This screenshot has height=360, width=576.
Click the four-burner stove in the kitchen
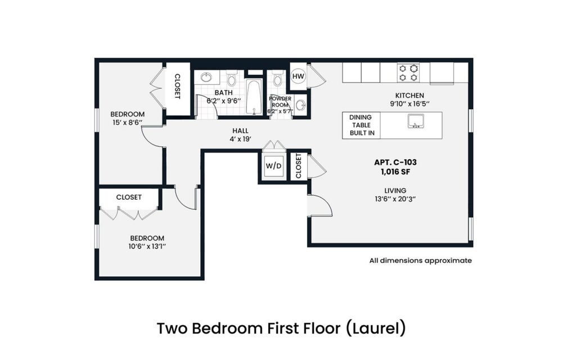pos(409,73)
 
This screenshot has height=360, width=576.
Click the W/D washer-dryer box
pos(273,166)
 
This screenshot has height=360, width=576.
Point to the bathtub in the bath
pos(254,96)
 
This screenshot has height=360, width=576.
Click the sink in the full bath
pos(206,78)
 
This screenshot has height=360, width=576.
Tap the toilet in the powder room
pos(276,79)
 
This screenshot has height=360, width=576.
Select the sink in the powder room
pos(301,105)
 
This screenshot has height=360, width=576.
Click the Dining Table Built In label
pos(361,125)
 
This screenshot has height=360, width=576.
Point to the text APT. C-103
pos(395,162)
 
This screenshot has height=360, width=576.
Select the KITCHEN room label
pos(409,96)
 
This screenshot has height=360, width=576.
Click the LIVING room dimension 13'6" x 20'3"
pos(396,199)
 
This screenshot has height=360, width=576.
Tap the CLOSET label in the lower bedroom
pos(129,197)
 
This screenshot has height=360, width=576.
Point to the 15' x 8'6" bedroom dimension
pos(127,122)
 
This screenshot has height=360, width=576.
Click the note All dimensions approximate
pos(420,260)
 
